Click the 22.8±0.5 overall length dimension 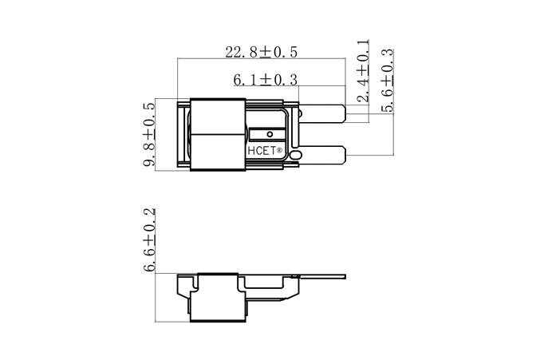(x=261, y=53)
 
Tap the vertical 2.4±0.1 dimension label (x=363, y=69)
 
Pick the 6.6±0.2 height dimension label (x=148, y=240)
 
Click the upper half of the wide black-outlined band (x=216, y=115)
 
